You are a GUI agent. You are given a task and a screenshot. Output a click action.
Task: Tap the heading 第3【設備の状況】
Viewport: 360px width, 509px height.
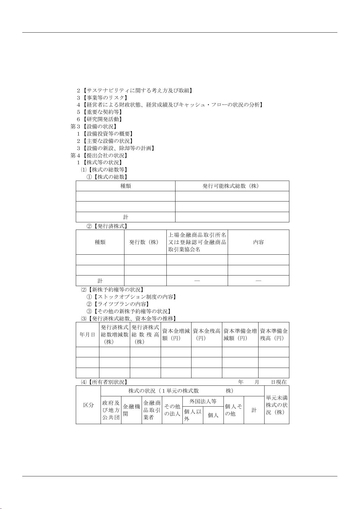94,127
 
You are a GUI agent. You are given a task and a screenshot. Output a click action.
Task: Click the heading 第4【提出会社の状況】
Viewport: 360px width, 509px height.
99,156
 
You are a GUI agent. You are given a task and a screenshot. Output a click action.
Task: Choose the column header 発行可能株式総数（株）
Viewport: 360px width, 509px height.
232,186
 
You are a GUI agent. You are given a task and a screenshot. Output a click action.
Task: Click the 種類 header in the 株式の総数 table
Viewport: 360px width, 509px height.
126,186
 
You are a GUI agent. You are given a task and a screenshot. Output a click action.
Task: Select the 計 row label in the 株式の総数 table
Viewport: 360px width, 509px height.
126,217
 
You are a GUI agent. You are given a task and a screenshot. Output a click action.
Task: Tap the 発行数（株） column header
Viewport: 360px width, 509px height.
145,242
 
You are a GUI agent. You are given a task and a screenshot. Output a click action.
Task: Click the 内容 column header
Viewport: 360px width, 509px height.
258,242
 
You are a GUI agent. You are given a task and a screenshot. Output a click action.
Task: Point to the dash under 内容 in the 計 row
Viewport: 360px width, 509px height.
258,281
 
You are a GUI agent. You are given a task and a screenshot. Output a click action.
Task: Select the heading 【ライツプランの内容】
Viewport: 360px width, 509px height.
121,304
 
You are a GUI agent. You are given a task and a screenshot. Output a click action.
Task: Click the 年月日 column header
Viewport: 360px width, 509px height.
88,335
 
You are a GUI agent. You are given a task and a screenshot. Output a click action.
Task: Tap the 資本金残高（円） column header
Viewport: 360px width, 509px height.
207,335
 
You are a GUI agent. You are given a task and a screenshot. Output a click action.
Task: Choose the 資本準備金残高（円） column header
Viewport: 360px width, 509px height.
274,335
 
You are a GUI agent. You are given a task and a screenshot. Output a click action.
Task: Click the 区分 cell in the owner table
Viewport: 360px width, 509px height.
88,405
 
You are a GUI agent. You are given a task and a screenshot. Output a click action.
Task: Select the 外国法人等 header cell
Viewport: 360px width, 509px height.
203,401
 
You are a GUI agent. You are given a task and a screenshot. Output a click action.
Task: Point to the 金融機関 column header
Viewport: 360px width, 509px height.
131,410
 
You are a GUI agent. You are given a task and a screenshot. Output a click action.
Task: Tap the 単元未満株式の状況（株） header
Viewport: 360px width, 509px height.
277,405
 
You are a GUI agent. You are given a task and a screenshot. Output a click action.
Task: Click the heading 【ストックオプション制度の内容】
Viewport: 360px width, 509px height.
134,297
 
